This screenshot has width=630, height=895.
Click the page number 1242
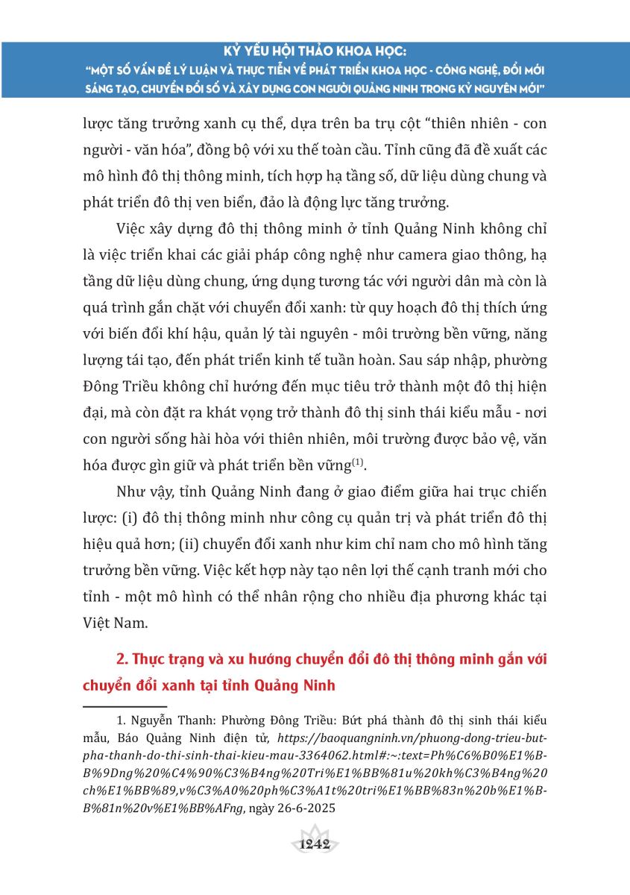pyautogui.click(x=313, y=844)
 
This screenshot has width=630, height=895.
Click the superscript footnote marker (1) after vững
pyautogui.click(x=359, y=462)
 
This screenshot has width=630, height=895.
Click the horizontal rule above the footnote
pyautogui.click(x=125, y=706)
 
